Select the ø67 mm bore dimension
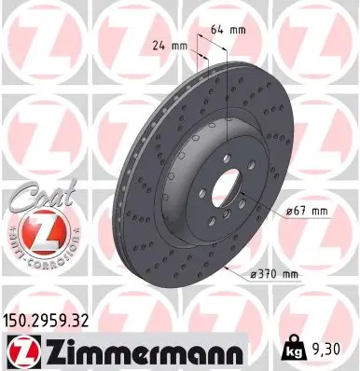(x=306, y=211)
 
